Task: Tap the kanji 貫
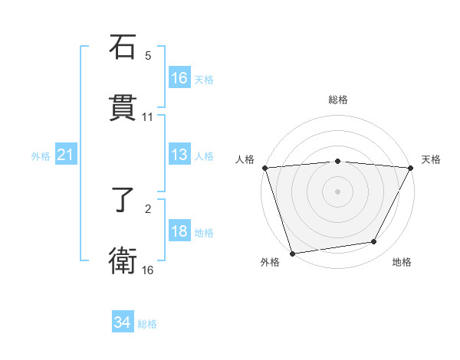click(x=123, y=108)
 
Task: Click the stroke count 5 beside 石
click(x=148, y=55)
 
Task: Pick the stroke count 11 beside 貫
click(x=148, y=117)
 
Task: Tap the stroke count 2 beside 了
click(x=148, y=208)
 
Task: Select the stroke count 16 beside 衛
click(x=148, y=270)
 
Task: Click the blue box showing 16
click(x=179, y=78)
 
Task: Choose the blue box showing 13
click(x=179, y=155)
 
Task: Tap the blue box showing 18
click(x=179, y=232)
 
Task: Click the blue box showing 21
click(x=66, y=155)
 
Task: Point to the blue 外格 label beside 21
click(x=41, y=156)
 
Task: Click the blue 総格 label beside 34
click(x=147, y=324)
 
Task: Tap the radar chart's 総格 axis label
click(x=338, y=100)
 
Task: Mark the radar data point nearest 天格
click(x=412, y=168)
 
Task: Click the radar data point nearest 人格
click(x=264, y=168)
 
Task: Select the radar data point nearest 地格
click(x=374, y=242)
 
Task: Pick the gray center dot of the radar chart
click(x=338, y=191)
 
